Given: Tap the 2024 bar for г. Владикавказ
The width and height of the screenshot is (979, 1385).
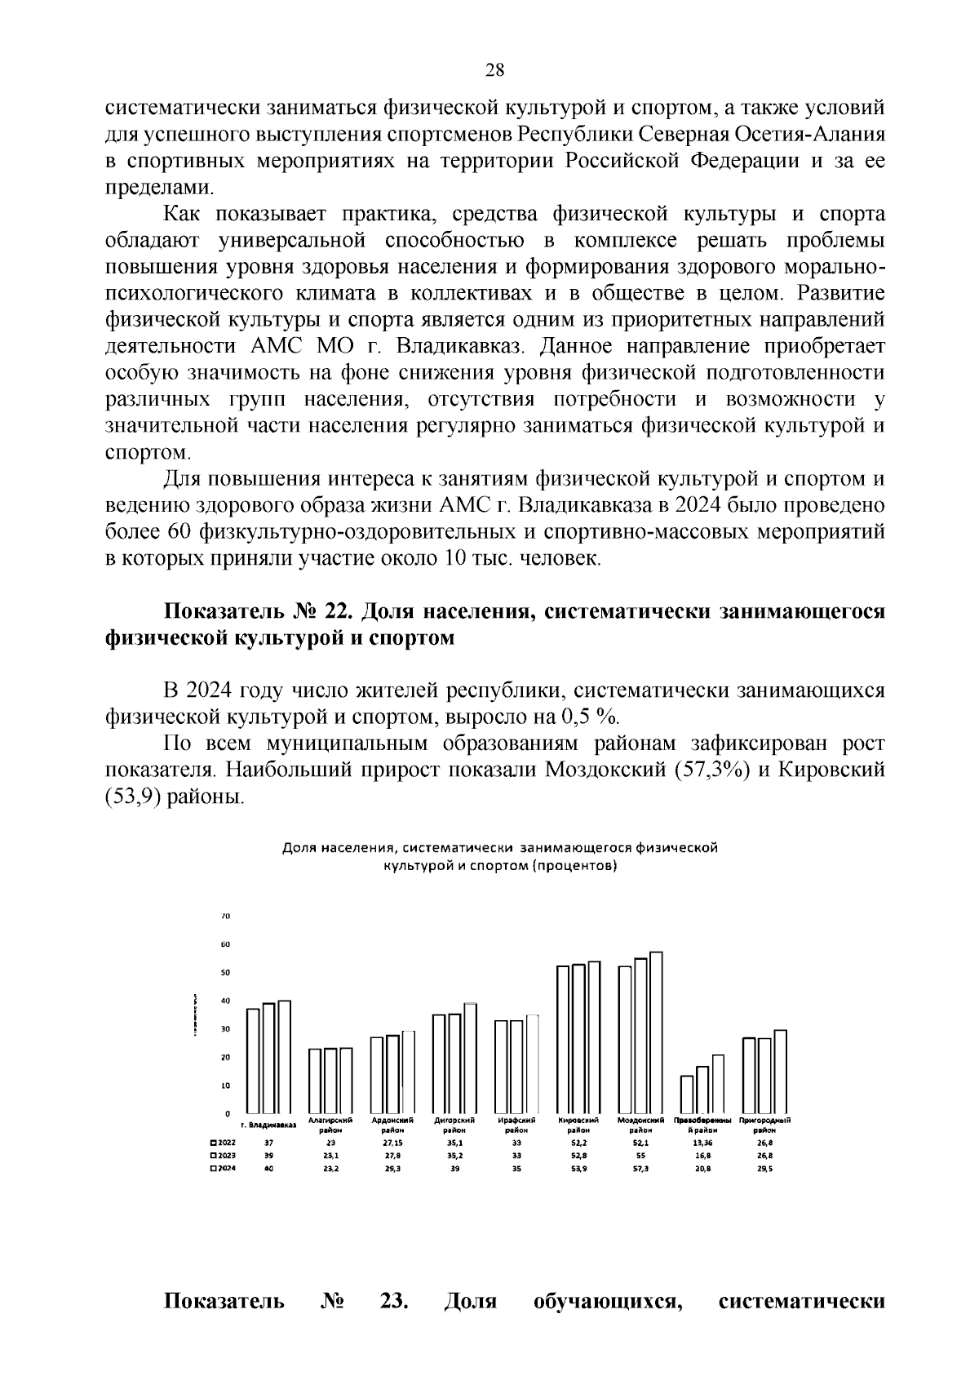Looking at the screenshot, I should click(x=285, y=1057).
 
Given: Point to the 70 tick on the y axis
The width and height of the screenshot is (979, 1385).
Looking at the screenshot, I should click(x=226, y=917).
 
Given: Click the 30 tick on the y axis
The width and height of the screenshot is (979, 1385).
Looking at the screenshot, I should click(x=226, y=1029).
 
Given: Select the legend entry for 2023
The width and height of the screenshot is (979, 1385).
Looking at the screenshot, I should click(x=223, y=1156).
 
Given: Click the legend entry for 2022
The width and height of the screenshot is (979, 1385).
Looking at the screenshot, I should click(x=223, y=1143).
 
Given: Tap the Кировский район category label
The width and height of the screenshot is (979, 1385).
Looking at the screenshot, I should click(x=579, y=1125).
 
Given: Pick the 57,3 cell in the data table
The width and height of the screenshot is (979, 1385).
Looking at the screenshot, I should click(x=641, y=1169).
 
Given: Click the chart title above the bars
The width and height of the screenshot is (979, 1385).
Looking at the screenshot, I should click(x=499, y=857).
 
